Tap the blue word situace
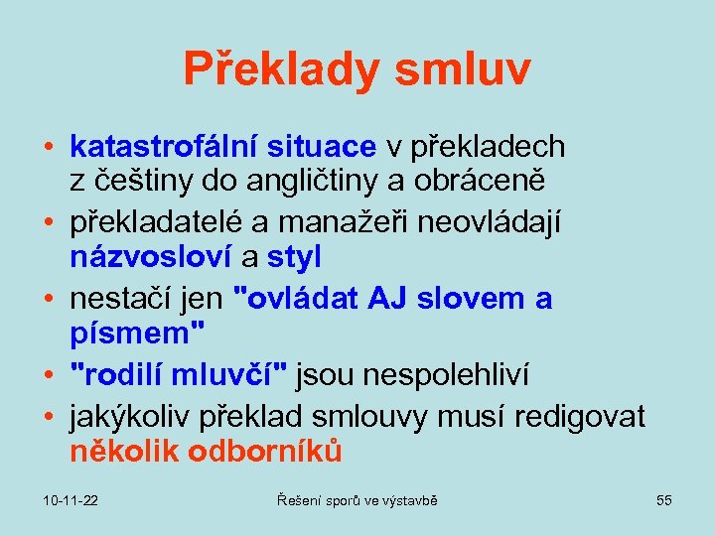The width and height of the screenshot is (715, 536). coord(321,147)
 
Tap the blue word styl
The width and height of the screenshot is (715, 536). coord(294,258)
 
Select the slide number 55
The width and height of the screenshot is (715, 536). coord(663,501)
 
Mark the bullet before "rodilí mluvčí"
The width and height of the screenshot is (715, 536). coord(48,374)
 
